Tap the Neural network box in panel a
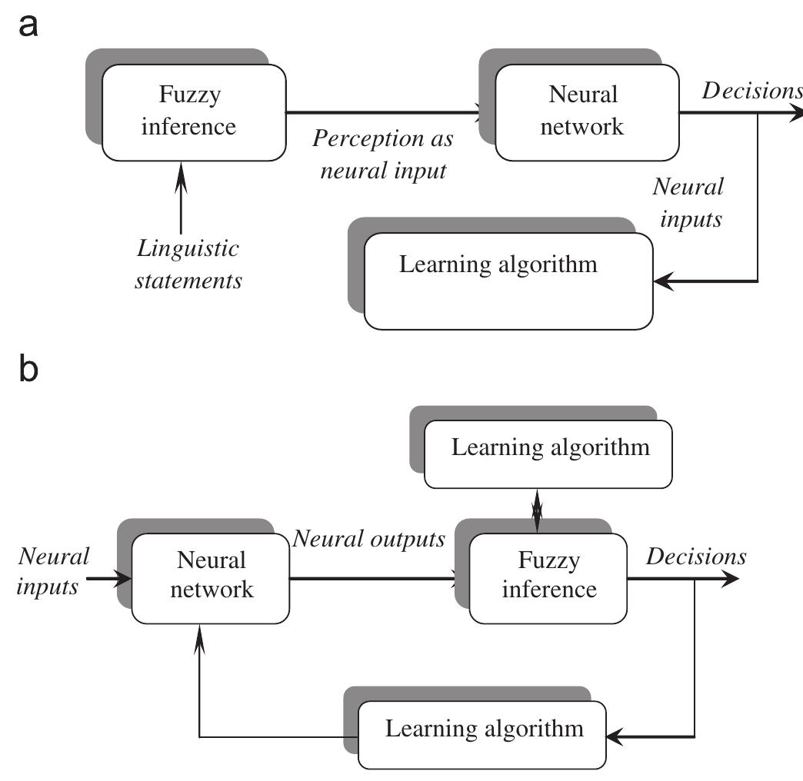point(587,111)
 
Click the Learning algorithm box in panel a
point(508,281)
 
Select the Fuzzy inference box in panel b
point(548,576)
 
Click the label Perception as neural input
point(382,155)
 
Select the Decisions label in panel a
point(751,91)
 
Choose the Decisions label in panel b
point(695,557)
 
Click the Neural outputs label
point(368,540)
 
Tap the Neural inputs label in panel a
point(688,203)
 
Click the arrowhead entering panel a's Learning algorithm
point(663,281)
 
